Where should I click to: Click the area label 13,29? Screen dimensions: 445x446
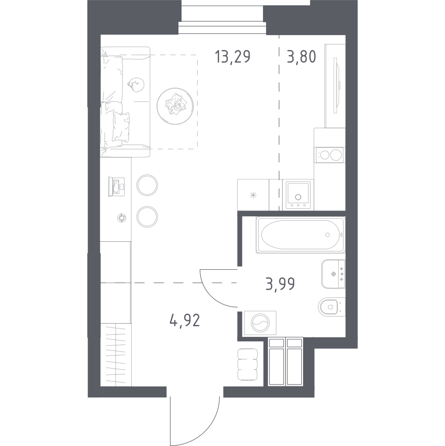[233, 57]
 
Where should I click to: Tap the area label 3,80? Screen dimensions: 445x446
[301, 57]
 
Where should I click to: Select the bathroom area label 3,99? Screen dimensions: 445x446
[280, 284]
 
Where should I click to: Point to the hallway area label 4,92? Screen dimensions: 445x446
[185, 320]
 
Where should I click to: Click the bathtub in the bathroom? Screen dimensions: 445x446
[300, 235]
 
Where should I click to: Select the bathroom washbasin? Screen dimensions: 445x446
[333, 274]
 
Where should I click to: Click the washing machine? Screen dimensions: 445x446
[260, 323]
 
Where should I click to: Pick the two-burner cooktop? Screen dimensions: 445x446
[330, 155]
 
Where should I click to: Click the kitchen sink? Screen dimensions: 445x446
[298, 195]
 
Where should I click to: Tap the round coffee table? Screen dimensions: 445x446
[175, 106]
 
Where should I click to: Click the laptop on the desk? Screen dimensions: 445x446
[116, 187]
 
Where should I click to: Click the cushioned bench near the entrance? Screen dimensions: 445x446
[247, 365]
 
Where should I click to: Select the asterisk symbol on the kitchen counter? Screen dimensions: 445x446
[253, 195]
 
